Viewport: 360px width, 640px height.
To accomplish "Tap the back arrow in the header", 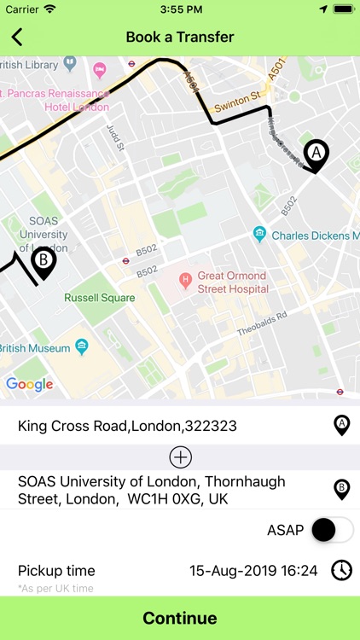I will (17, 37).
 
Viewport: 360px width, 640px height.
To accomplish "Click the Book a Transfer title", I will (180, 37).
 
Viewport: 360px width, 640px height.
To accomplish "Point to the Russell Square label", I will (99, 298).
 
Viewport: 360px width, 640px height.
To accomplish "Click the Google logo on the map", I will (29, 384).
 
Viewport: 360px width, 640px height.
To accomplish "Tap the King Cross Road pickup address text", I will (127, 426).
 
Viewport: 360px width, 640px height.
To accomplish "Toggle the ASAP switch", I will (332, 530).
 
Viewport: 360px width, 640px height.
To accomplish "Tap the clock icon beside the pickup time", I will (341, 570).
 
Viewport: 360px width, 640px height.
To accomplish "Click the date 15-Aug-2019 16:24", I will (253, 570).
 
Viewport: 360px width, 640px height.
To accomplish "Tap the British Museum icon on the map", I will (82, 346).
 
